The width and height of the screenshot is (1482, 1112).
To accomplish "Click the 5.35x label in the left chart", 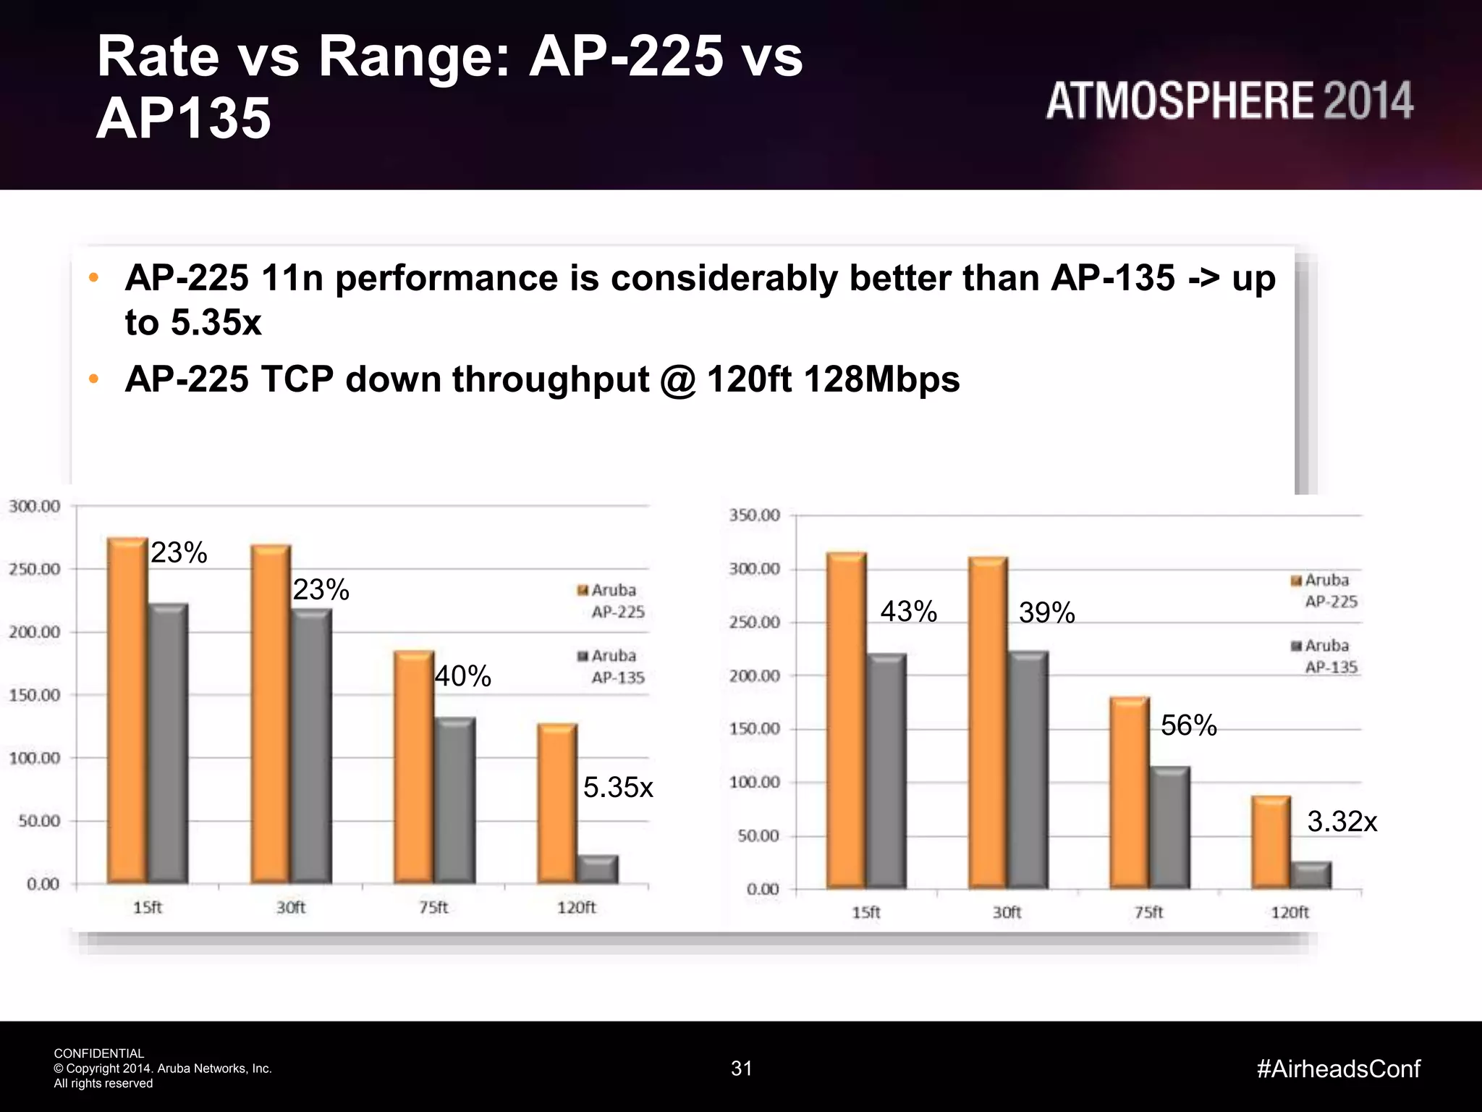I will (x=618, y=787).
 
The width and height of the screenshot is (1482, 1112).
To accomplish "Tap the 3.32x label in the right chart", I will (x=1342, y=821).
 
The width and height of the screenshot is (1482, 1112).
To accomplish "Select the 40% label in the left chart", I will (x=462, y=676).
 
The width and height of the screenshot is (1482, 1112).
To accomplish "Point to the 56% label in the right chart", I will (x=1188, y=725).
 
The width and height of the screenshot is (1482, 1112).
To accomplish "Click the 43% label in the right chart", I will (x=908, y=612).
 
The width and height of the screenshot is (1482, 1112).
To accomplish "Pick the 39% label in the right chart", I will (x=1046, y=612).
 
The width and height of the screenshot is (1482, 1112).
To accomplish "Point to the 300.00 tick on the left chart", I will (x=35, y=506).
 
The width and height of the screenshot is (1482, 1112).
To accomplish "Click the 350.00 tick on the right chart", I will (x=754, y=515).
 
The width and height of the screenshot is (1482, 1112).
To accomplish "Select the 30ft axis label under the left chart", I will (x=291, y=907).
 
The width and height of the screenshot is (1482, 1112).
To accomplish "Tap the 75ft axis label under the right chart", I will (x=1148, y=912).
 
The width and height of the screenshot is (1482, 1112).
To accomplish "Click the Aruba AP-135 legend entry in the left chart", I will (x=611, y=666).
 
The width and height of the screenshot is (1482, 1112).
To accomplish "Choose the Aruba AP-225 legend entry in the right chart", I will (x=1324, y=591).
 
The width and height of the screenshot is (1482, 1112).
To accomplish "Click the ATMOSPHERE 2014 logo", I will (x=1229, y=101).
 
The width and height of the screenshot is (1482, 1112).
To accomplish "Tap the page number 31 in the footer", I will (x=741, y=1069).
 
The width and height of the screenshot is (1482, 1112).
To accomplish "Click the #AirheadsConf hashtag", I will (x=1338, y=1069).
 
